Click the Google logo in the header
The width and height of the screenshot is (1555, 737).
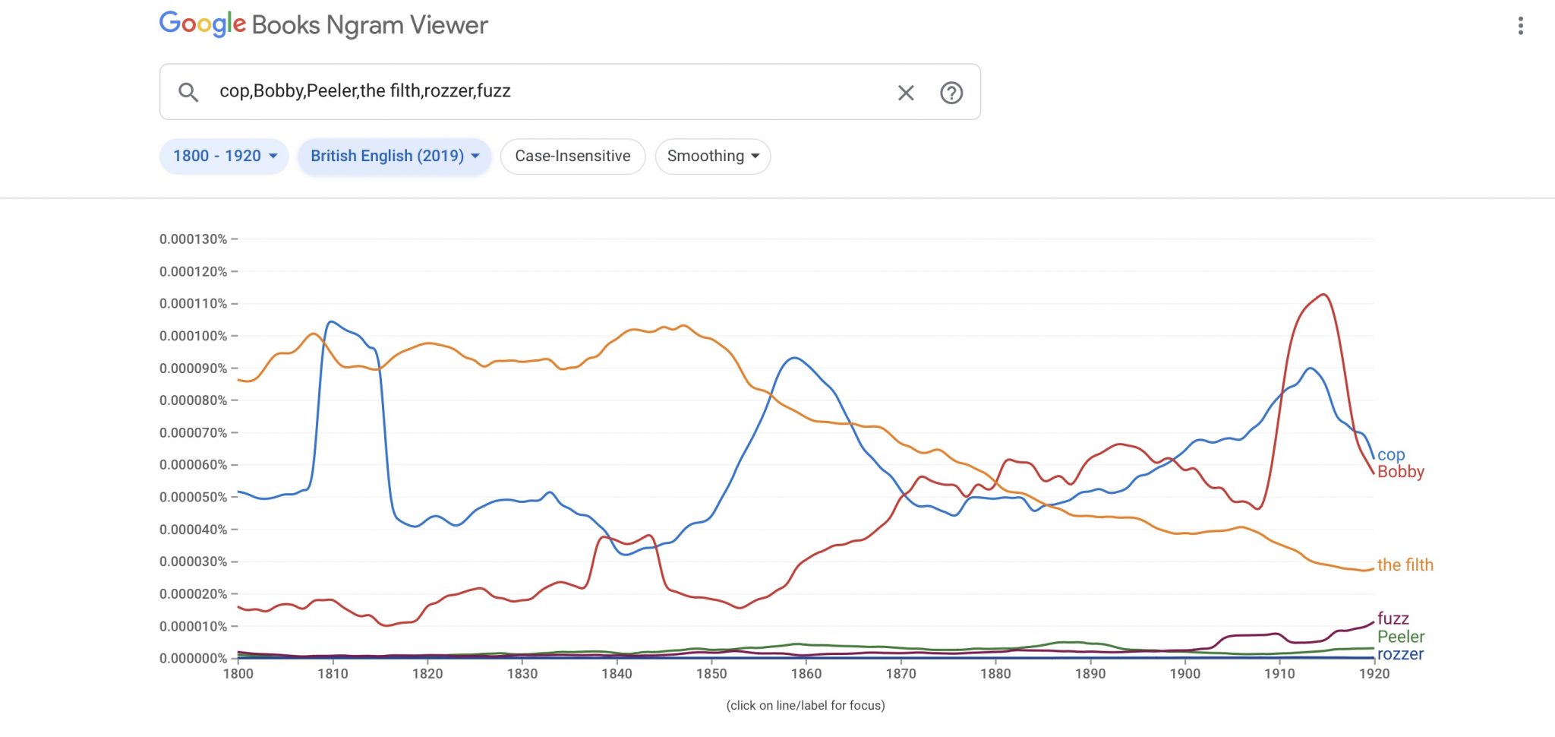[203, 24]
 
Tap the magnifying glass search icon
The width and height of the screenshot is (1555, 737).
[188, 93]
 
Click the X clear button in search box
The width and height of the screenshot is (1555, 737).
[906, 93]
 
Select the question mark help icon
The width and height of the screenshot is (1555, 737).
[951, 93]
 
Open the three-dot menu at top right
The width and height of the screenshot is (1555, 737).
[1520, 26]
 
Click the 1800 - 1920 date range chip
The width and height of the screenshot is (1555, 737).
[224, 156]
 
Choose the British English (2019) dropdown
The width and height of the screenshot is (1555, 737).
[394, 156]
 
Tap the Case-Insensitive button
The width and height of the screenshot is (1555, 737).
[572, 156]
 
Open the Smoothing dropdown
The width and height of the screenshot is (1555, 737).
[712, 156]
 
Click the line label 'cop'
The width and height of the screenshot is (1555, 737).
[1391, 454]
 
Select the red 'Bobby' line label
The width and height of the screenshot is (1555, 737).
[1401, 472]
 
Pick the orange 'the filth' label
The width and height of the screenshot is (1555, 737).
[1405, 565]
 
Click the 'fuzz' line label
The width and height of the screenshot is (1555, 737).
[1393, 618]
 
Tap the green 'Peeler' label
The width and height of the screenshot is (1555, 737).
[1401, 637]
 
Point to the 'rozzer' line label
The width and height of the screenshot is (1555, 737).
[1401, 654]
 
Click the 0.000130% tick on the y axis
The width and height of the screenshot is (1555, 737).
[193, 239]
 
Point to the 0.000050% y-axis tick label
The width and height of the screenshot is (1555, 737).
[193, 497]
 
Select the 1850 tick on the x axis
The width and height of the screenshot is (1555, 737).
[711, 673]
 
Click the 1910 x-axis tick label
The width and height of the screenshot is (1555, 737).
[1279, 673]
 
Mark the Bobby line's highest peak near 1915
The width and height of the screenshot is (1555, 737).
[1323, 294]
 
